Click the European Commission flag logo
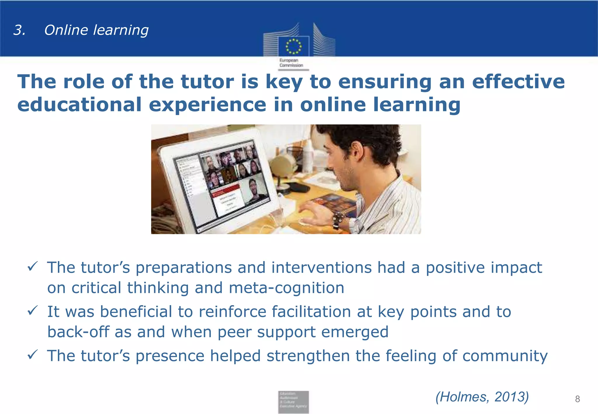pos(293,46)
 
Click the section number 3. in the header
pos(19,30)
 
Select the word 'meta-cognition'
pos(286,288)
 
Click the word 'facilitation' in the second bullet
pos(311,312)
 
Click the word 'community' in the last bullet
pos(505,356)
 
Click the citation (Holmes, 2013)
pos(482,397)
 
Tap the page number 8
pos(577,399)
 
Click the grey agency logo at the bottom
pos(293,402)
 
